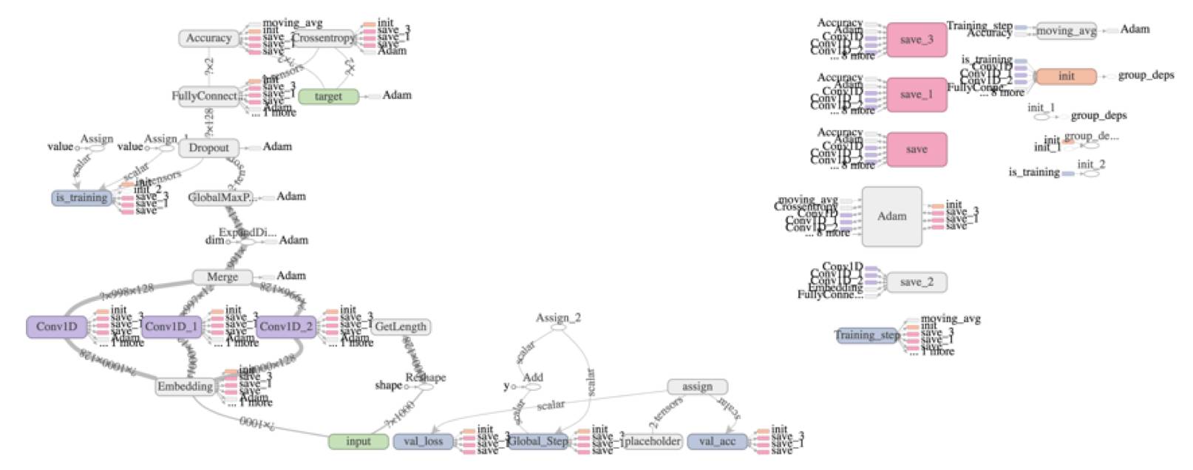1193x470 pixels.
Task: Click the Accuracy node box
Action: (209, 38)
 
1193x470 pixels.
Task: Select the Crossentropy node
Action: (324, 38)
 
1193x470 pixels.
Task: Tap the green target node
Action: (328, 96)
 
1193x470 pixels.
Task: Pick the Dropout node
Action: (209, 148)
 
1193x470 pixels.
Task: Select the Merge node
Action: (222, 276)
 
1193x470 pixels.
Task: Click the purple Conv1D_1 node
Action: (171, 327)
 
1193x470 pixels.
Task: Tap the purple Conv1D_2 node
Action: (286, 327)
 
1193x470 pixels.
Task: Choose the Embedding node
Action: (185, 386)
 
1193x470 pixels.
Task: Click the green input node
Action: (358, 441)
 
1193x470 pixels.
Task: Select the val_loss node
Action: (424, 441)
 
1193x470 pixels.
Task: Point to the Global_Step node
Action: (538, 441)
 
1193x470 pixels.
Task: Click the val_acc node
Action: (718, 441)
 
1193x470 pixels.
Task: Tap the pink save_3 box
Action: (917, 40)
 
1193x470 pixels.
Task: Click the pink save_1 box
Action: (917, 95)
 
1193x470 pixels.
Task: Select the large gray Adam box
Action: (892, 217)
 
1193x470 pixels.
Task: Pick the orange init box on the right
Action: (1066, 76)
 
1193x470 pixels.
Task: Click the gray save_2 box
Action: (917, 282)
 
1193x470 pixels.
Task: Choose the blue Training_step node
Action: (867, 336)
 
